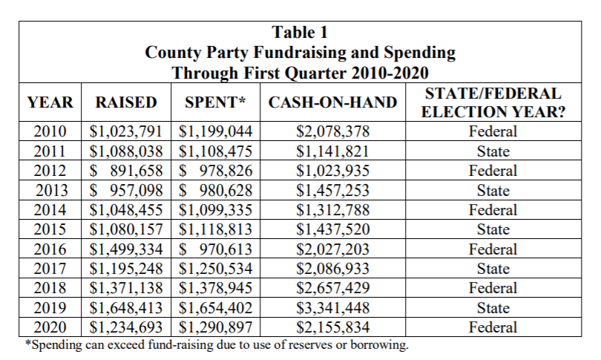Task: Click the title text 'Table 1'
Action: (300, 33)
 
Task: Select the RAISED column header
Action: (127, 102)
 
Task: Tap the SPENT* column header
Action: (215, 102)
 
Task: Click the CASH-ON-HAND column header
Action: (332, 102)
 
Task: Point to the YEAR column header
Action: (50, 102)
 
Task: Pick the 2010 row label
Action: (51, 132)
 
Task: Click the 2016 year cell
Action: (51, 249)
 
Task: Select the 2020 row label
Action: (51, 327)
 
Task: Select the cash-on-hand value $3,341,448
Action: (332, 308)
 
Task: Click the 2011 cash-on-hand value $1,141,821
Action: (332, 151)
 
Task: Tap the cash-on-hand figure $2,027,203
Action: (332, 249)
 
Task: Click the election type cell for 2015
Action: (493, 230)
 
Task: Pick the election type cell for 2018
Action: (493, 289)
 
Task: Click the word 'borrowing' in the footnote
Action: (378, 345)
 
